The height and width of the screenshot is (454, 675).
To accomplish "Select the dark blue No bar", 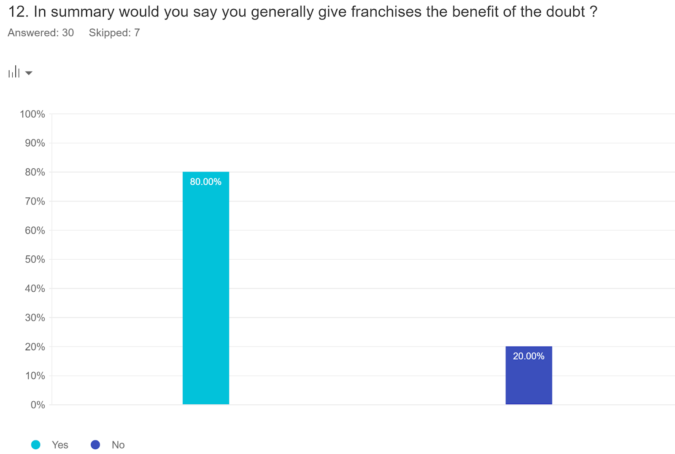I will pyautogui.click(x=529, y=379).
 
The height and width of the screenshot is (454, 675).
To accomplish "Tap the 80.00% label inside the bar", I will pyautogui.click(x=205, y=182).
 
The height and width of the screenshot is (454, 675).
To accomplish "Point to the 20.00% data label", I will pyautogui.click(x=529, y=356).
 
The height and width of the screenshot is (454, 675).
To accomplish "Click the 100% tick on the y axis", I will pyautogui.click(x=32, y=114).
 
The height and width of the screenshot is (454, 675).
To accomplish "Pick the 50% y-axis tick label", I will pyautogui.click(x=35, y=259).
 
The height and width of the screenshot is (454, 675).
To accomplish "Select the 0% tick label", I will pyautogui.click(x=38, y=405).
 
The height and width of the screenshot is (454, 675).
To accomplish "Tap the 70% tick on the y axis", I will pyautogui.click(x=35, y=201).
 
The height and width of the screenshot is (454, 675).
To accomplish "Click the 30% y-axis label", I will pyautogui.click(x=35, y=317).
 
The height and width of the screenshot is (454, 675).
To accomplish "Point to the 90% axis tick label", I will pyautogui.click(x=35, y=143).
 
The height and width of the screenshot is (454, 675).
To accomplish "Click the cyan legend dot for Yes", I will pyautogui.click(x=36, y=445).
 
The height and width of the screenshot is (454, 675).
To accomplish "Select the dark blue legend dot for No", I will pyautogui.click(x=95, y=445).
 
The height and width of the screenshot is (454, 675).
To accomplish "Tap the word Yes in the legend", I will pyautogui.click(x=60, y=445).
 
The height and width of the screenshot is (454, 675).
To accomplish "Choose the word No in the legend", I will pyautogui.click(x=118, y=445).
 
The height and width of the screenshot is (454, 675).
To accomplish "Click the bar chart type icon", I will pyautogui.click(x=14, y=72).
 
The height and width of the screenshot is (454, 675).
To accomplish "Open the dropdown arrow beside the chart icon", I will pyautogui.click(x=29, y=73).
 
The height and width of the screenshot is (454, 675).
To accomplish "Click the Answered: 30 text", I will pyautogui.click(x=41, y=33).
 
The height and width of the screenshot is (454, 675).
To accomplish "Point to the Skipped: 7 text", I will pyautogui.click(x=114, y=33).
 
